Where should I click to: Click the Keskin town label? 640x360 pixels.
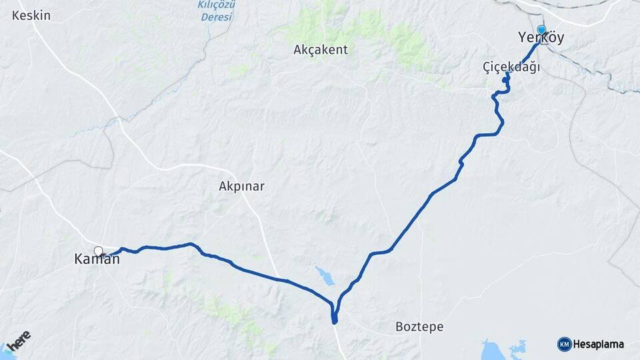coord(31,15)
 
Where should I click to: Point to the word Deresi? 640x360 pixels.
coord(217,17)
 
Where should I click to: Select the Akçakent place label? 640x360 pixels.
coord(321,49)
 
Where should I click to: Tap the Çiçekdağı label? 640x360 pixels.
coord(511,67)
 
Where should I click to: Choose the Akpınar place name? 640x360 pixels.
coord(241,187)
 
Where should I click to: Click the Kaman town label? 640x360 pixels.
coord(97,260)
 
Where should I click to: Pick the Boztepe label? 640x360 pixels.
coord(419,327)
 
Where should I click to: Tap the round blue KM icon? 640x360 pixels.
coord(564,345)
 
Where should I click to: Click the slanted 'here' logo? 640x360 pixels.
coord(21,340)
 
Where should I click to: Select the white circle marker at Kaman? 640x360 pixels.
coord(99,251)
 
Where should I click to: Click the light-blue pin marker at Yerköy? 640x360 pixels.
coord(541,30)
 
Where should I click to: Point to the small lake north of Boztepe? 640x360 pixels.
coord(325,276)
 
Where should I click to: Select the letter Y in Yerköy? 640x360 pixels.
coord(523,39)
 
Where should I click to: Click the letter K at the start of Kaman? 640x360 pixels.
coord(79,260)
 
